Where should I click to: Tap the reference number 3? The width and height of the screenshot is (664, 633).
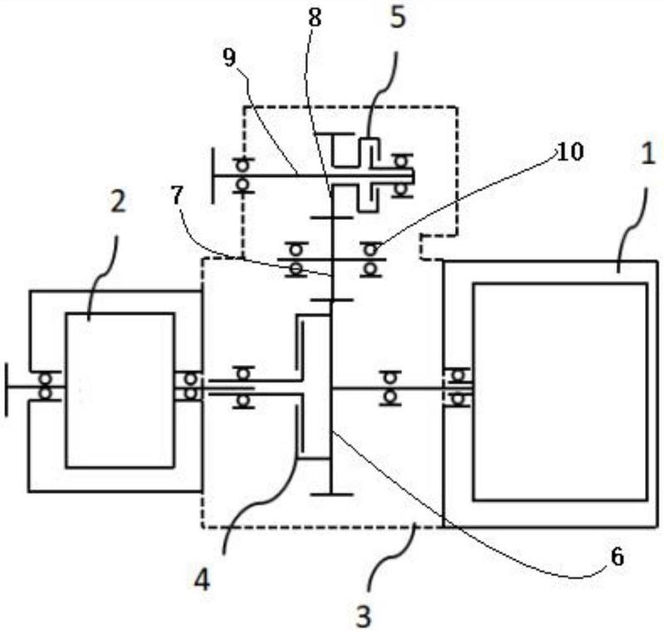[x=364, y=616]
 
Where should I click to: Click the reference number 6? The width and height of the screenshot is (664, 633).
[x=617, y=557]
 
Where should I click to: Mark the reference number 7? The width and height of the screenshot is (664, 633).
[x=177, y=195]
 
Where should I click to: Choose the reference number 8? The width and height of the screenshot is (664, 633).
[x=315, y=17]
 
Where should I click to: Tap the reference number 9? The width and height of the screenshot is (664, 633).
[x=229, y=57]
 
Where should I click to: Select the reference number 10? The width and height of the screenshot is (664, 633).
[x=570, y=152]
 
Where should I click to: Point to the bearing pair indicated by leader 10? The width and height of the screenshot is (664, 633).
[x=371, y=259]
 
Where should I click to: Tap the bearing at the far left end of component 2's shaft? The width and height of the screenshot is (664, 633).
[x=46, y=386]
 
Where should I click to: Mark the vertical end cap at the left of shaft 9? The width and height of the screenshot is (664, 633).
[x=212, y=175]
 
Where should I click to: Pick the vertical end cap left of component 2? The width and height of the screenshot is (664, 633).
[x=6, y=389]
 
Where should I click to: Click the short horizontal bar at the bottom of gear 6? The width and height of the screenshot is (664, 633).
[x=331, y=494]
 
